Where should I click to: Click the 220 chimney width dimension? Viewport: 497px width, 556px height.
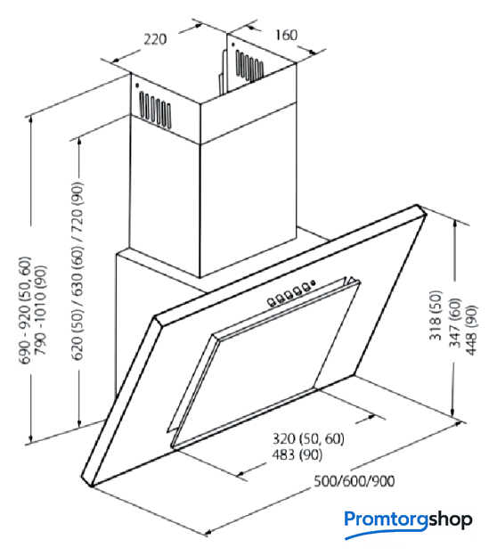click(x=155, y=39)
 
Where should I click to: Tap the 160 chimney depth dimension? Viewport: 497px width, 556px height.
click(x=286, y=35)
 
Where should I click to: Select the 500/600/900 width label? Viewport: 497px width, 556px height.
click(x=354, y=481)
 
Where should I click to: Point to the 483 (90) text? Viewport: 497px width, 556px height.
click(x=297, y=454)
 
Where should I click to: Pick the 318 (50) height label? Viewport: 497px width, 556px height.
click(x=436, y=315)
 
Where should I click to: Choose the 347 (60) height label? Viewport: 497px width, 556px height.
click(x=455, y=323)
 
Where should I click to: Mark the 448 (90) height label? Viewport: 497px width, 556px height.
click(x=471, y=330)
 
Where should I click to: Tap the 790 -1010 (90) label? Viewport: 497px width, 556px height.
click(x=40, y=310)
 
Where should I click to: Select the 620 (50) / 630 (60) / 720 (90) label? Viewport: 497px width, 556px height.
click(x=77, y=271)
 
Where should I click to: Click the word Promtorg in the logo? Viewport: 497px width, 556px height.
click(x=386, y=519)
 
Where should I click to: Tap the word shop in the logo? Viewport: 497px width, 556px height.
click(x=450, y=519)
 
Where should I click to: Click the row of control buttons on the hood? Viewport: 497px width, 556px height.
click(x=289, y=296)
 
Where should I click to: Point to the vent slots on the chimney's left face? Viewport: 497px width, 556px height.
click(x=155, y=110)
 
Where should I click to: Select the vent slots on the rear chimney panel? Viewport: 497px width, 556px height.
click(x=249, y=66)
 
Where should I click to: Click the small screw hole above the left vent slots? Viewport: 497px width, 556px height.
click(x=137, y=86)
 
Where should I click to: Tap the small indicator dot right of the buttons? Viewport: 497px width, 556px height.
click(x=313, y=283)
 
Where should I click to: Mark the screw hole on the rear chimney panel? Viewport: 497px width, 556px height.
click(x=233, y=45)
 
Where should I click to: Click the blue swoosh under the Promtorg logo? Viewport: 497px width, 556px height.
click(x=386, y=533)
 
